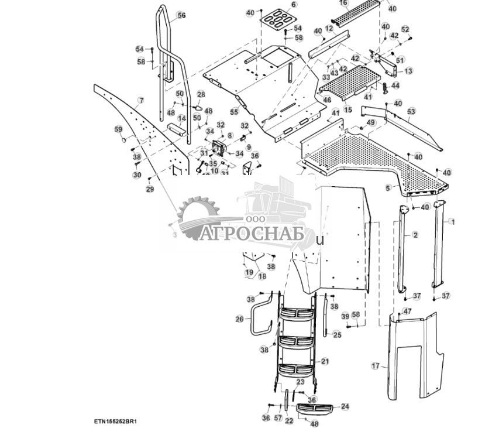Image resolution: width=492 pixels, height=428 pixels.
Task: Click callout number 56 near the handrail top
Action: point(181,16)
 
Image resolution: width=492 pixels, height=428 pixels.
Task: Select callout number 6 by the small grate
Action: point(294,5)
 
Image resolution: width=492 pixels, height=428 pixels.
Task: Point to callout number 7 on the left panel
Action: point(140,101)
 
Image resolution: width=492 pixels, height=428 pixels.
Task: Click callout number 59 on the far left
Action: point(118,129)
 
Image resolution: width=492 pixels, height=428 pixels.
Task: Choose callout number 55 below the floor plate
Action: point(234,111)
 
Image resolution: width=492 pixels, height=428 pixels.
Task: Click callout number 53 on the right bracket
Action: point(411,111)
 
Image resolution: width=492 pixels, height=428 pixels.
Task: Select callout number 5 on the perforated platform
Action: point(387,188)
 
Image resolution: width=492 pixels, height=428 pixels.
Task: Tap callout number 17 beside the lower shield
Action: point(375,366)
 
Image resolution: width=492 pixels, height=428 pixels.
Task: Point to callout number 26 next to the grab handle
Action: point(239,319)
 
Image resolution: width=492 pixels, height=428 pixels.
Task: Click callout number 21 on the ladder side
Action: point(325,361)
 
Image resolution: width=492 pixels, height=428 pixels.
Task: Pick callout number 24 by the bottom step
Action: point(345,406)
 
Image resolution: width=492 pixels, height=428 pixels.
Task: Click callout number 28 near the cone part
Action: point(201,94)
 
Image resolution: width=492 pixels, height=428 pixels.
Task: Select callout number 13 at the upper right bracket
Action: point(408,71)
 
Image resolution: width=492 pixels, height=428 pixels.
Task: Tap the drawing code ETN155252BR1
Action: point(118,421)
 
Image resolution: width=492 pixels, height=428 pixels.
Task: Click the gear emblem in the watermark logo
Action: point(198,218)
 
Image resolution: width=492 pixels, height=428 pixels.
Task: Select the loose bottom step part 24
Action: point(316,408)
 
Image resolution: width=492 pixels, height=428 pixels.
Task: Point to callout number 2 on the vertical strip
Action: point(415,235)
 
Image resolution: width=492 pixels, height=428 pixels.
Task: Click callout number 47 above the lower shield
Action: point(407,311)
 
